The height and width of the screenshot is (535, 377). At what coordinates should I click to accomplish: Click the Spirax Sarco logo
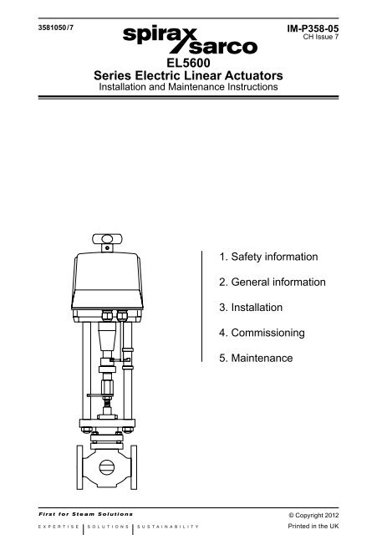click(x=190, y=40)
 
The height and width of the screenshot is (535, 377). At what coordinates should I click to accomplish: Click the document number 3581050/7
click(x=56, y=28)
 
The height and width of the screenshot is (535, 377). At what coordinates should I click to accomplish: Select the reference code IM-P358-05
click(x=313, y=28)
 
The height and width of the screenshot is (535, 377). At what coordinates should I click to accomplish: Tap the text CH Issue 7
click(x=321, y=37)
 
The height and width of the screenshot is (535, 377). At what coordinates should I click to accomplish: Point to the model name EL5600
click(x=188, y=64)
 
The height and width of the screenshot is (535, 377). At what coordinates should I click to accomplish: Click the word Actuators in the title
click(x=253, y=75)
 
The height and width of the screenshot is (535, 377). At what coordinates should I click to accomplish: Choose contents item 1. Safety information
click(x=268, y=257)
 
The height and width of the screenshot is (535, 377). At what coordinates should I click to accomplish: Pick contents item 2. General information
click(x=273, y=282)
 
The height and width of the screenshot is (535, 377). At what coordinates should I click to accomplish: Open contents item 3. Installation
click(x=251, y=307)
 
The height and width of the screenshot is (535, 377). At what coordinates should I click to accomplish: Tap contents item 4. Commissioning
click(x=262, y=333)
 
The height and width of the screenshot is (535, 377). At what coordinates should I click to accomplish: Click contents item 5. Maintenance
click(x=256, y=358)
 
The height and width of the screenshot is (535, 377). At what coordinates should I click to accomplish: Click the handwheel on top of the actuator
click(x=107, y=240)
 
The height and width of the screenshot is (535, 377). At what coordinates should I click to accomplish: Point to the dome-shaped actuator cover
click(x=107, y=281)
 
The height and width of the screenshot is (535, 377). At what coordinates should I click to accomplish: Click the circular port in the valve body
click(x=107, y=467)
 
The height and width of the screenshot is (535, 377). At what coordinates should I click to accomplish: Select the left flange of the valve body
click(x=79, y=467)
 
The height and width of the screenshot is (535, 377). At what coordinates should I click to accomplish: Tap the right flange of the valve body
click(x=134, y=467)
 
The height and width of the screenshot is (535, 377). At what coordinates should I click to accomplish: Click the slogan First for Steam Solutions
click(x=85, y=514)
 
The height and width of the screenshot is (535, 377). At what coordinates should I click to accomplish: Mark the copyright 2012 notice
click(x=313, y=515)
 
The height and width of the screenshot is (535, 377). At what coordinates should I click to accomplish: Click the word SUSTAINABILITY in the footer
click(x=168, y=527)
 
